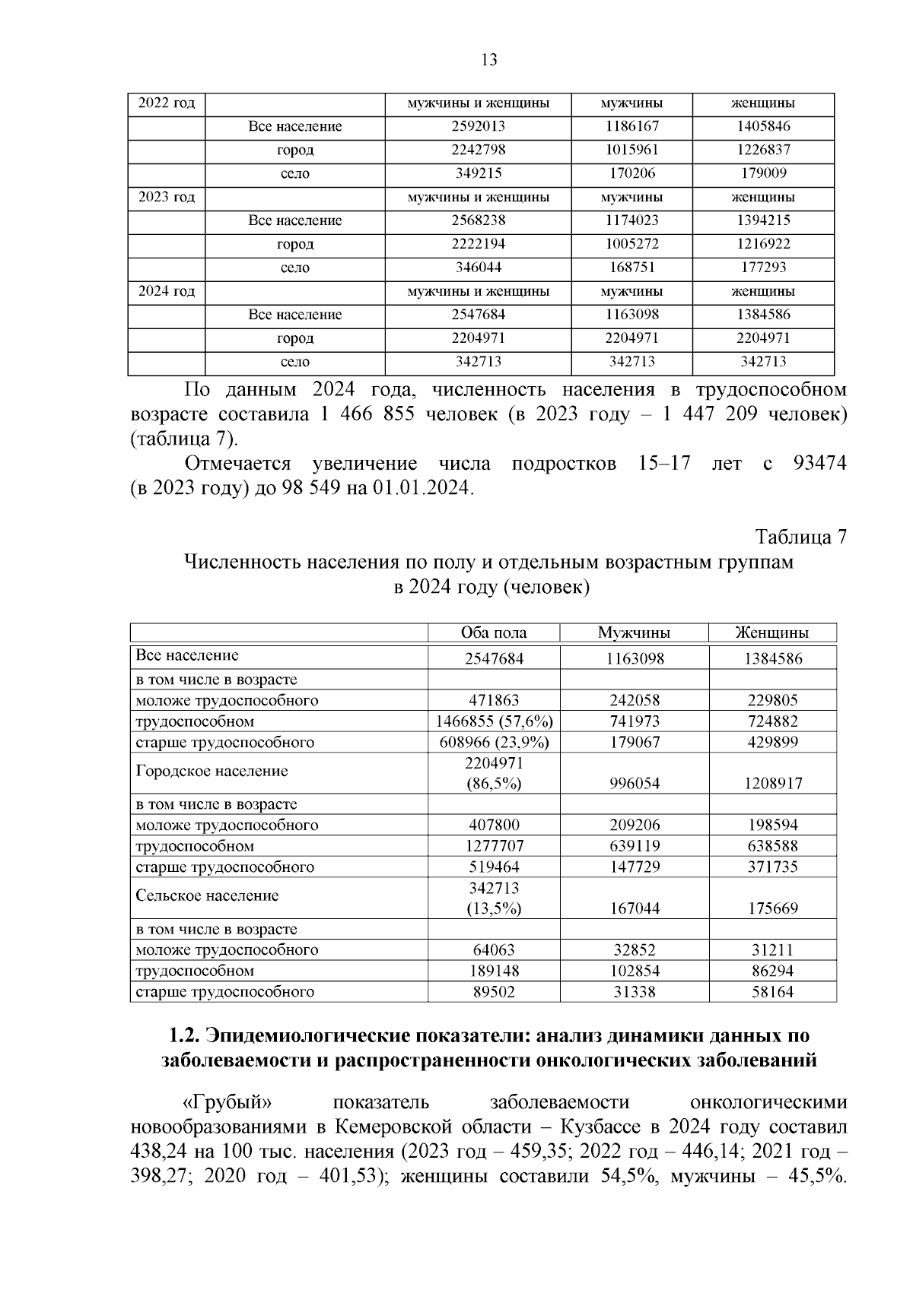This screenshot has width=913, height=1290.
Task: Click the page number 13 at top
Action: [489, 60]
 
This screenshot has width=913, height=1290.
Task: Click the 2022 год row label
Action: [167, 103]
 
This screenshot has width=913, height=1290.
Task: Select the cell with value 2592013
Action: [478, 127]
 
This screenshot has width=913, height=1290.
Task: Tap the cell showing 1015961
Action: [631, 151]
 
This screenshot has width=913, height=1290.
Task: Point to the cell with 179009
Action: [763, 174]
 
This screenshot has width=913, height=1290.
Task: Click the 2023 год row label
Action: [167, 198]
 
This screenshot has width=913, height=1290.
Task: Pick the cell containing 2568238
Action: [478, 221]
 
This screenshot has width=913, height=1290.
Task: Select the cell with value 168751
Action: [631, 268]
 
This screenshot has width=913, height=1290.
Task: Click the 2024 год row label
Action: [167, 292]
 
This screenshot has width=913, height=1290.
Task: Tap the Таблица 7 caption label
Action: [800, 537]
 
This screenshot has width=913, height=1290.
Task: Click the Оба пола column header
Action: [494, 633]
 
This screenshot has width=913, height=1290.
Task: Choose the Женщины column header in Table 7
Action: [771, 633]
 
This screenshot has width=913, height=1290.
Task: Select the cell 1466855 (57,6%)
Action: [494, 721]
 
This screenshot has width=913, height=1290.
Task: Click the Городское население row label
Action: [212, 772]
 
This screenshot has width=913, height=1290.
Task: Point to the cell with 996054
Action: [634, 784]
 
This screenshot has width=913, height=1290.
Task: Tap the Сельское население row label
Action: [207, 896]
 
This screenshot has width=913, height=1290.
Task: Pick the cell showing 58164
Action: [772, 992]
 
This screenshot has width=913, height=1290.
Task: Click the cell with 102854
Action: [634, 971]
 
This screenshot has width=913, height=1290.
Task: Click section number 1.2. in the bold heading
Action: [183, 1036]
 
